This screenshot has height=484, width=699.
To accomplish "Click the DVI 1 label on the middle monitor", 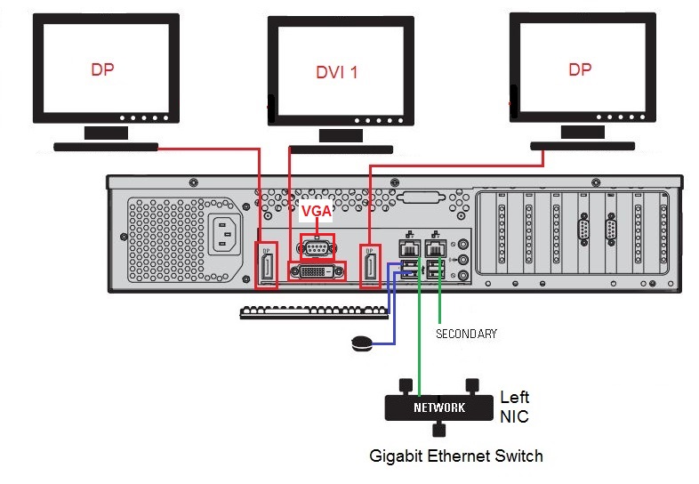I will pyautogui.click(x=336, y=72).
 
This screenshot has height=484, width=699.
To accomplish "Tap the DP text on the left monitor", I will pyautogui.click(x=102, y=69).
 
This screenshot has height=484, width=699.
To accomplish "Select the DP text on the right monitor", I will pyautogui.click(x=580, y=69).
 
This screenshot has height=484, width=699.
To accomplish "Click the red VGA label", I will pyautogui.click(x=316, y=212).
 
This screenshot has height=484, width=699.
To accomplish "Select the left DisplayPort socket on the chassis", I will pyautogui.click(x=267, y=265).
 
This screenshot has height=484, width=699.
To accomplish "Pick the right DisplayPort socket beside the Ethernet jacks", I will pyautogui.click(x=371, y=265).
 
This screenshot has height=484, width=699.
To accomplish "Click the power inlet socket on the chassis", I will pyautogui.click(x=226, y=236).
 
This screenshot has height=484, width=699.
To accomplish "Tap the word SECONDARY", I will pyautogui.click(x=466, y=334).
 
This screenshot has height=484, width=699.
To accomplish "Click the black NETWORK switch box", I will pyautogui.click(x=438, y=408).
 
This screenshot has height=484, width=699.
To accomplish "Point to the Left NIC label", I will pyautogui.click(x=515, y=406).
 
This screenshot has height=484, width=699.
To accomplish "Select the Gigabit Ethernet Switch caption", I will pyautogui.click(x=456, y=456).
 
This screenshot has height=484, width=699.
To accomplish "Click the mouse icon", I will pyautogui.click(x=361, y=343).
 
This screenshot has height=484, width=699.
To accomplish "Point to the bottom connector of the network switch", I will pyautogui.click(x=438, y=431).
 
